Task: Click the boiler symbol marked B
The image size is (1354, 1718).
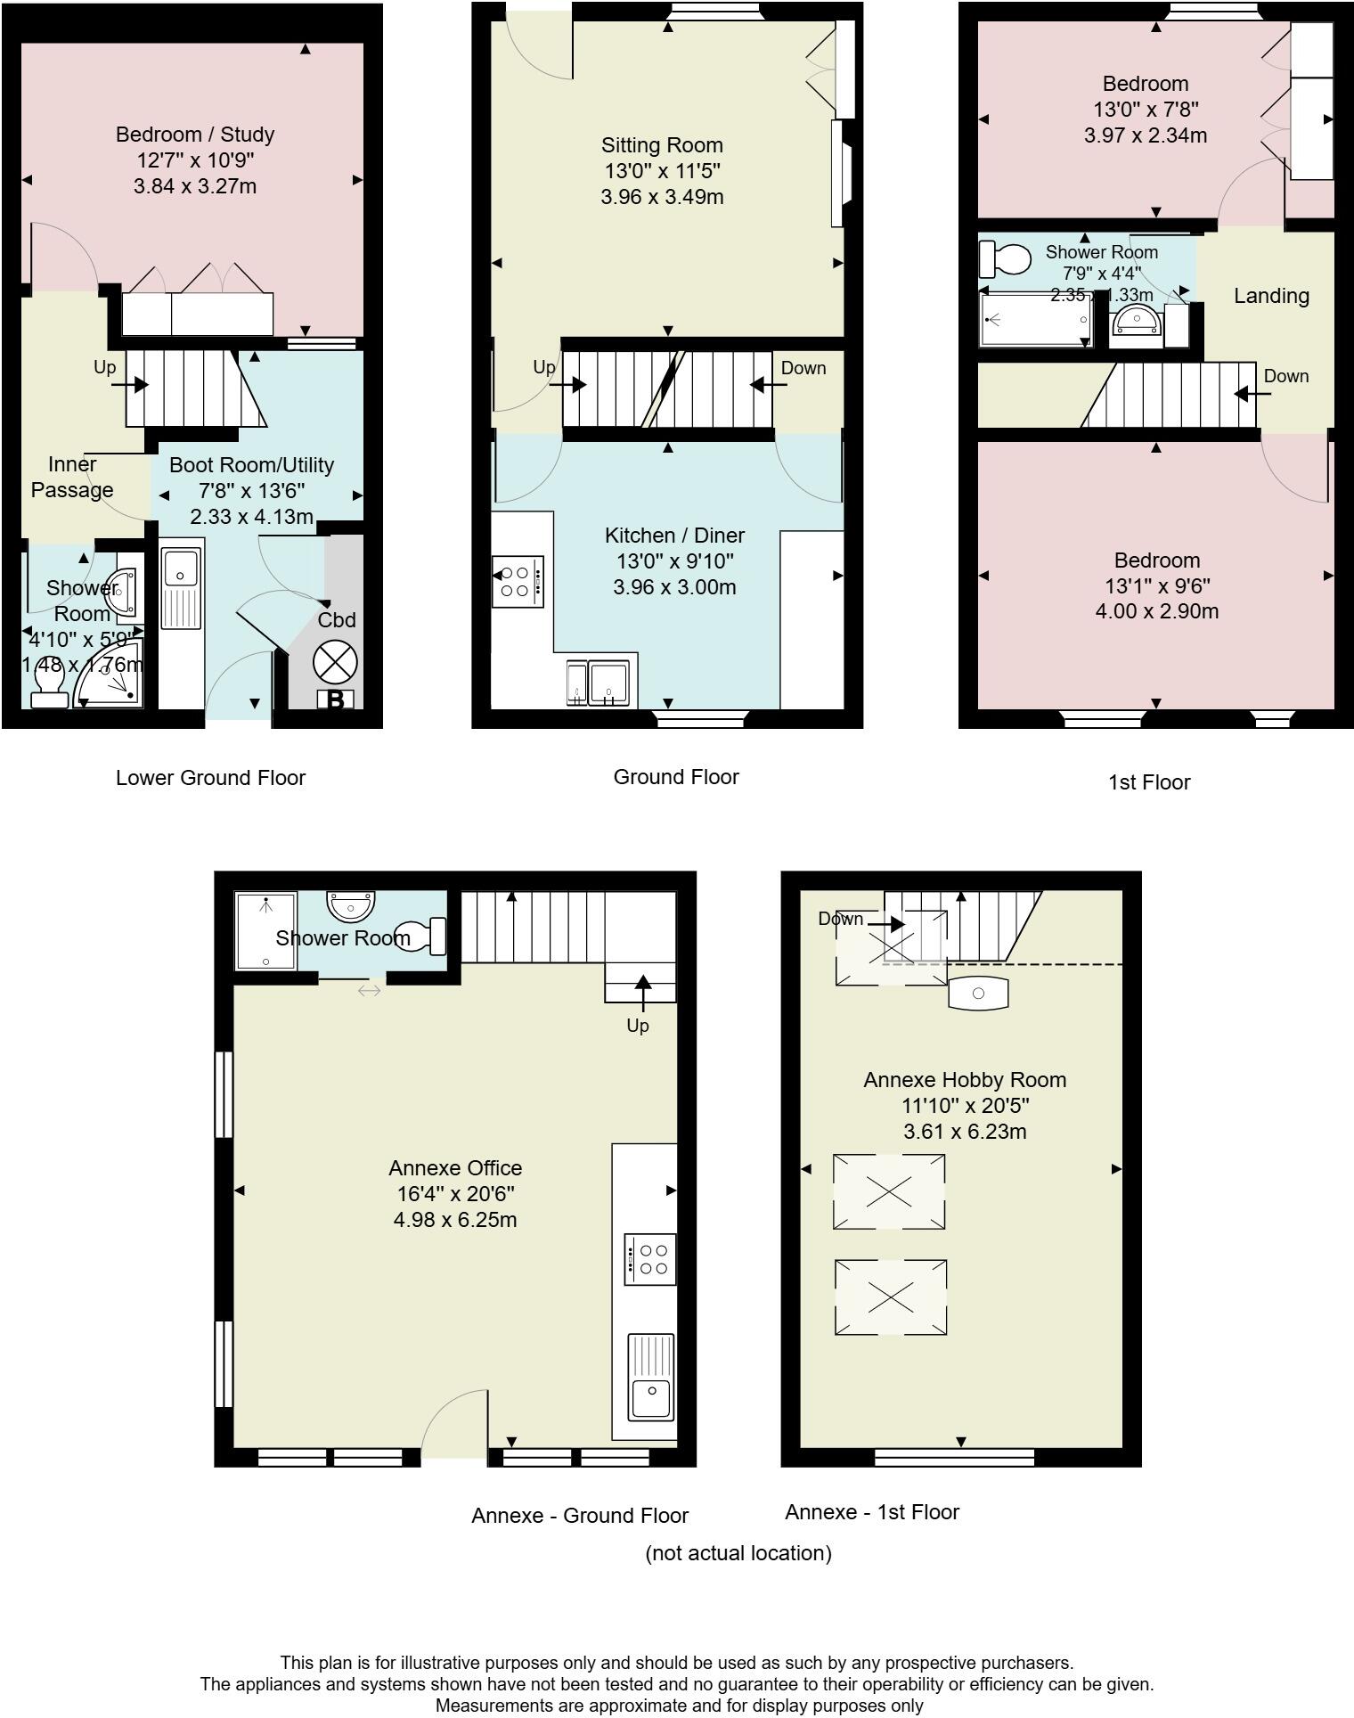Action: click(335, 699)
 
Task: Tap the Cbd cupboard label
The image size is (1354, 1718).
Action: click(337, 620)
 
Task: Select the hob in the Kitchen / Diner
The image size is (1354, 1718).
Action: click(518, 582)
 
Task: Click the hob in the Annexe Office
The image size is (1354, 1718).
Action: click(650, 1258)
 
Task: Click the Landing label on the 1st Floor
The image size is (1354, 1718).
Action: click(1270, 296)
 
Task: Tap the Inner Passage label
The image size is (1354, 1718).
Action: click(72, 477)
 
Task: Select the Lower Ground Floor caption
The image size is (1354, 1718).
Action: click(210, 778)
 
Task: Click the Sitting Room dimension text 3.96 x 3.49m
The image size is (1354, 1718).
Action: click(662, 197)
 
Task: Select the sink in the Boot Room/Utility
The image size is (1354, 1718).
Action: click(181, 568)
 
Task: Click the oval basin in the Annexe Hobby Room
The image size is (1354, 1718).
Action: click(978, 993)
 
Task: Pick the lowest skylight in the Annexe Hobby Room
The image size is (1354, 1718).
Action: click(890, 1297)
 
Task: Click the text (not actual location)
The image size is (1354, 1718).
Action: click(738, 1553)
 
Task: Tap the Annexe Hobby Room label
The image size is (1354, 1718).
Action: click(965, 1080)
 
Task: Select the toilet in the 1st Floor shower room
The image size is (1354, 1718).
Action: click(1001, 259)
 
